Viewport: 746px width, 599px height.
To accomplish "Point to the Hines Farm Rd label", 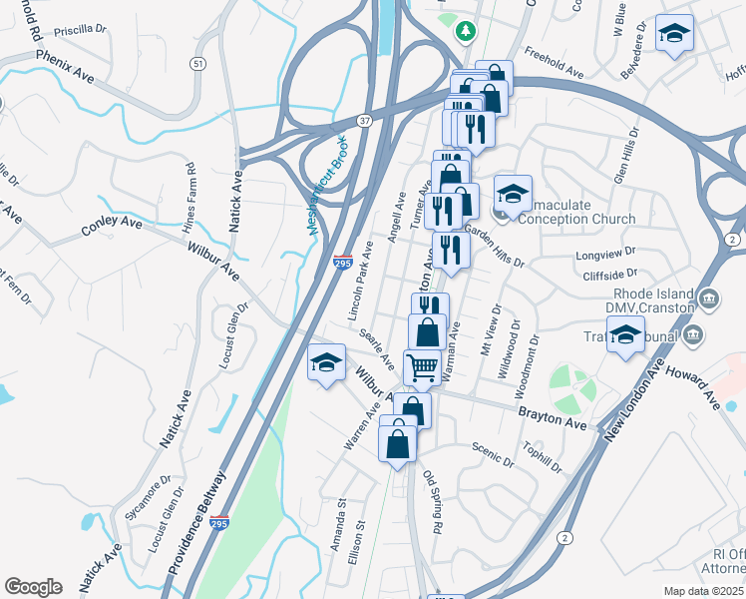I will point(189,199).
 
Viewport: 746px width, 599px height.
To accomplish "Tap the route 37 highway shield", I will point(366,121).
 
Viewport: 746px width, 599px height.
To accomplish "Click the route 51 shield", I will point(198,63).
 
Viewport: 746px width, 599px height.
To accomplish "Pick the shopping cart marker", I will point(423,367).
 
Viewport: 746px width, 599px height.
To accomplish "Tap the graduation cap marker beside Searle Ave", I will point(326,362).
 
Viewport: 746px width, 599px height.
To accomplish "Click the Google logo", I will point(33,586).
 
